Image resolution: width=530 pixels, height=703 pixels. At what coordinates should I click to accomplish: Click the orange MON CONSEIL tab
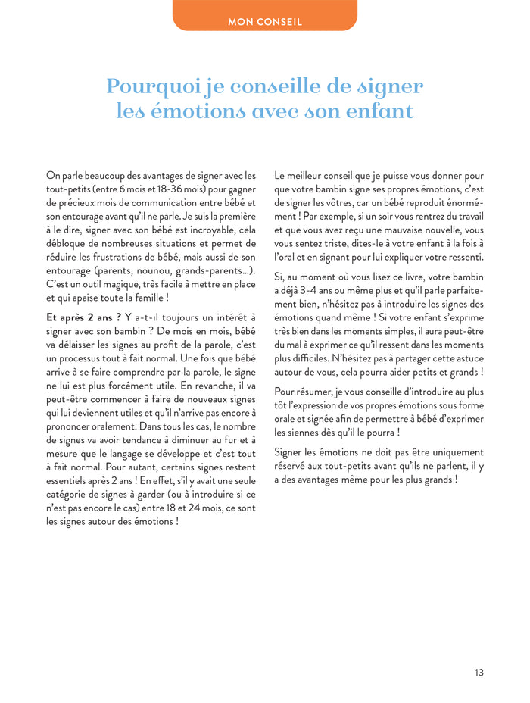[264, 21]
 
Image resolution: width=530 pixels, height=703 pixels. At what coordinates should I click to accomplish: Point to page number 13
[479, 673]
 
